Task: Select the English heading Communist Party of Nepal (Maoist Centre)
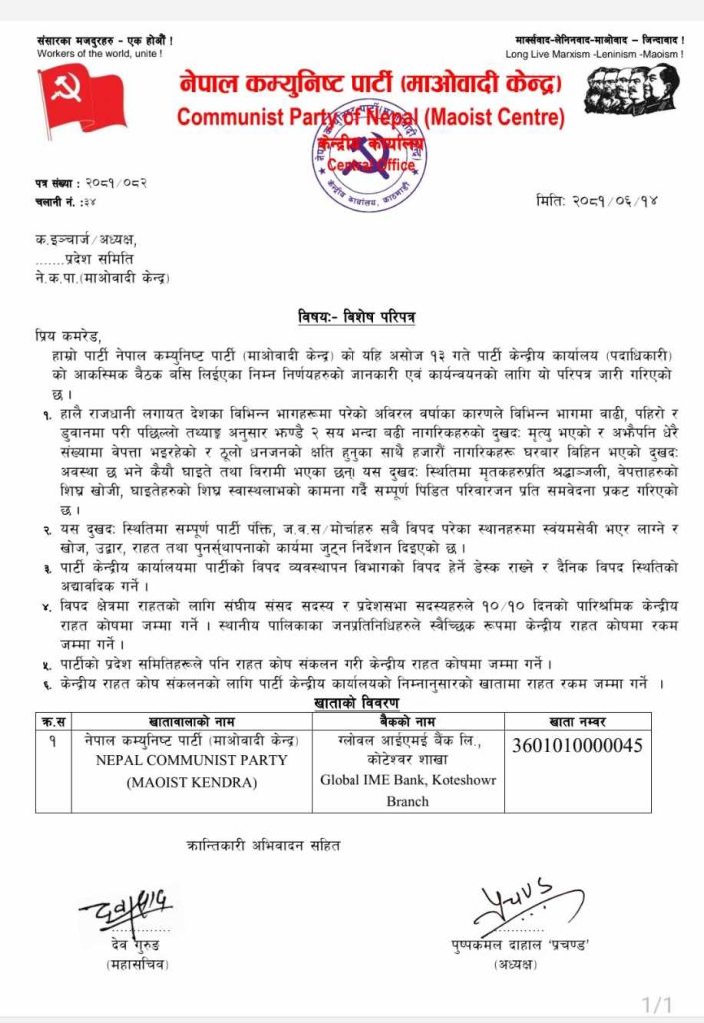[x=370, y=117]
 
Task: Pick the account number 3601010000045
[x=578, y=745]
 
